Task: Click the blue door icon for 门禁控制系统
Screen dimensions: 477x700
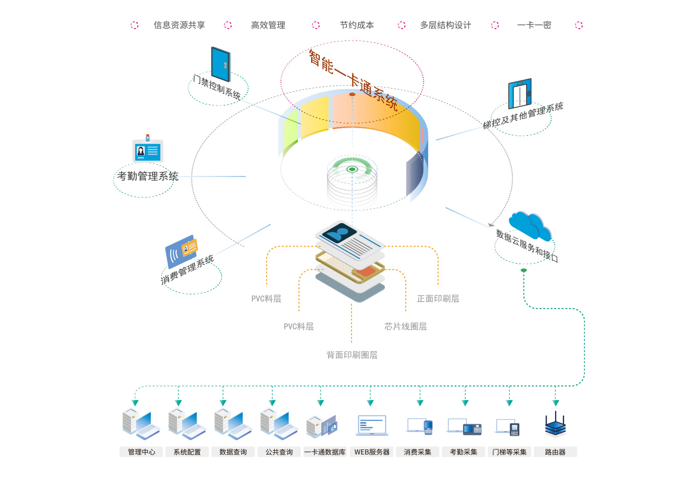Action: point(221,64)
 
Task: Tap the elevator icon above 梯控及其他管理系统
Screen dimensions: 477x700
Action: point(520,94)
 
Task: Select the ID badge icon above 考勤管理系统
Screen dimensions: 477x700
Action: point(147,150)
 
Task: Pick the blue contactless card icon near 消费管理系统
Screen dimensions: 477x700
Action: point(181,250)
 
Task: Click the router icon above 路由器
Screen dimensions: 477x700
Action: point(555,425)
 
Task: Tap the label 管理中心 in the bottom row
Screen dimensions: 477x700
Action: point(141,452)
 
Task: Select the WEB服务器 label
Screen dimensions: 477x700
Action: point(372,452)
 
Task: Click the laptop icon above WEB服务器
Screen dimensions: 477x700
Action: point(372,425)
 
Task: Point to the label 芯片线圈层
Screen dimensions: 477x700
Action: point(405,327)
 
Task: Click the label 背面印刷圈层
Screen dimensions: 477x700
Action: point(352,355)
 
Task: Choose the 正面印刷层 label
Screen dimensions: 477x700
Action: point(438,298)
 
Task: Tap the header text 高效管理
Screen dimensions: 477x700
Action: point(268,25)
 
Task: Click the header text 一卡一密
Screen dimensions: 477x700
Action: point(534,25)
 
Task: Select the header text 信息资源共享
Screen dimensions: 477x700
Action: point(179,25)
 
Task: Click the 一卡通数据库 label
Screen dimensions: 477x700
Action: point(325,452)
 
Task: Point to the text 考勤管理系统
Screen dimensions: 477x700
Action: point(148,176)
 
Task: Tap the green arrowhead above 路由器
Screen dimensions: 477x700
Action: point(556,403)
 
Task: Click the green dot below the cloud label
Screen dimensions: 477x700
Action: point(523,270)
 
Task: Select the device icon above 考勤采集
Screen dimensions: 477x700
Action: point(464,426)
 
